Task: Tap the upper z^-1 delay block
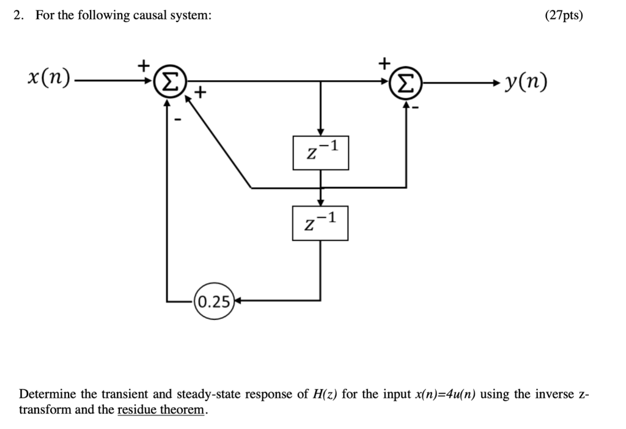[320, 152]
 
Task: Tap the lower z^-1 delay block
[320, 222]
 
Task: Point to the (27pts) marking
[563, 16]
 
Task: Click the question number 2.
[19, 16]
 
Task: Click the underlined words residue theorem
[161, 409]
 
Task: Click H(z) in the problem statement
[324, 394]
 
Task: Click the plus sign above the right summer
[384, 62]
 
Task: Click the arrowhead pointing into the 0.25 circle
[239, 301]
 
